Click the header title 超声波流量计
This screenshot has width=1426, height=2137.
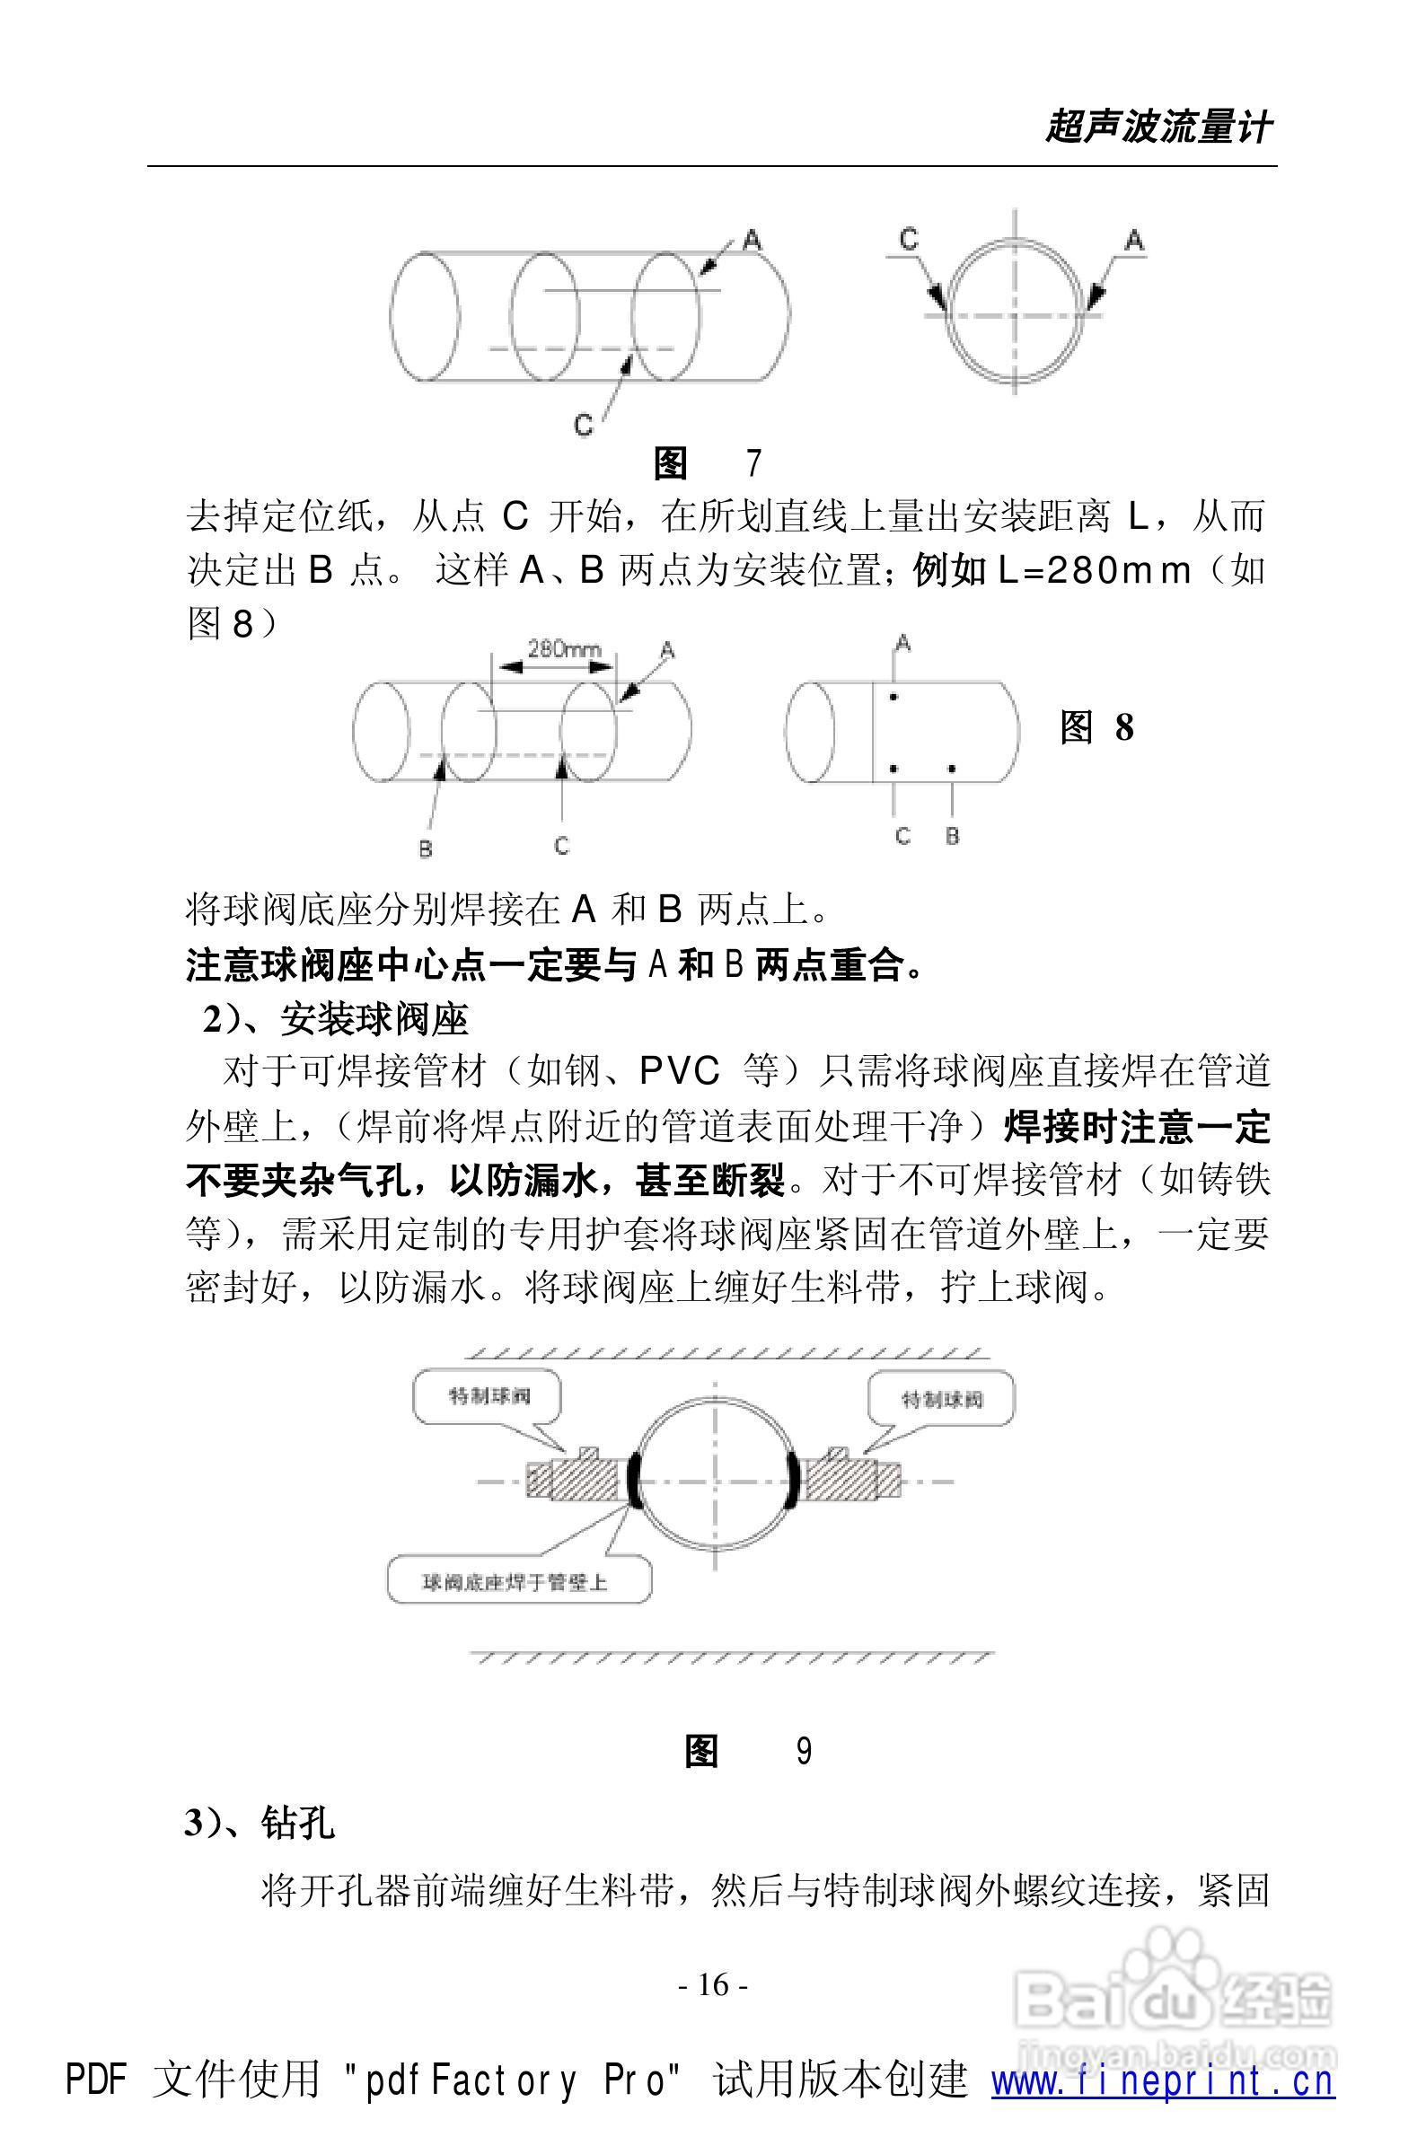[x=1158, y=128]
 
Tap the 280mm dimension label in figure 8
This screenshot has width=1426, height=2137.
[x=564, y=648]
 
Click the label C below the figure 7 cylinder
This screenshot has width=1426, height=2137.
[x=584, y=424]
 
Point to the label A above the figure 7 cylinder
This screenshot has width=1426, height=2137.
[x=752, y=240]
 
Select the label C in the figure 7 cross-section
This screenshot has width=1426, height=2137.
[x=909, y=239]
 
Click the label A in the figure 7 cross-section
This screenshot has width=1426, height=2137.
[x=1134, y=240]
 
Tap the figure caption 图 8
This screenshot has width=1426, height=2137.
[x=1096, y=727]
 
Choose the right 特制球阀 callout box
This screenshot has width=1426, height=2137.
[x=941, y=1399]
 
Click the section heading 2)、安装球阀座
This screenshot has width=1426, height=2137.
[x=335, y=1020]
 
